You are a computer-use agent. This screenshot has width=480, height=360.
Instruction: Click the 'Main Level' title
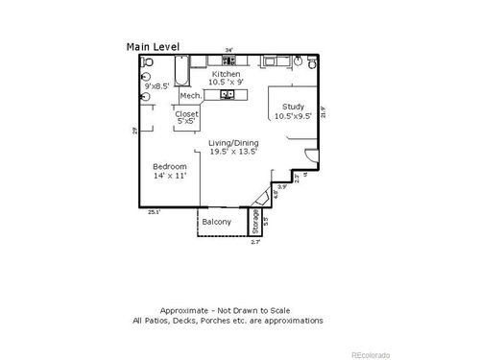tap(153, 45)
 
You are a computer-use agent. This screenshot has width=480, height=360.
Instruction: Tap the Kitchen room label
tap(226, 73)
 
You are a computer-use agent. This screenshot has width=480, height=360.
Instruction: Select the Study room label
tap(293, 107)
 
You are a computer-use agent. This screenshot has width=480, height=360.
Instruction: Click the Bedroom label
tap(170, 166)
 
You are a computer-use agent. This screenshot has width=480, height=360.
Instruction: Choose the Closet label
tap(186, 114)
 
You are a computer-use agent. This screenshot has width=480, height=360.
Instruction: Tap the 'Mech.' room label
tap(190, 96)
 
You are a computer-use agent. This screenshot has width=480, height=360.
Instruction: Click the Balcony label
tap(217, 222)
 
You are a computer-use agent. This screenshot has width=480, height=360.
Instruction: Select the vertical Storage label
tap(255, 222)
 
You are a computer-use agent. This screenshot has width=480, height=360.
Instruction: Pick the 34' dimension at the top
tap(228, 50)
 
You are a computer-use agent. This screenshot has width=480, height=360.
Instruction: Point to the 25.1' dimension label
tap(153, 212)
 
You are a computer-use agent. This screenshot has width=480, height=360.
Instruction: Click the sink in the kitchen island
tap(228, 95)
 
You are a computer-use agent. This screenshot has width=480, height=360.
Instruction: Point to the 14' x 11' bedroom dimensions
tap(170, 176)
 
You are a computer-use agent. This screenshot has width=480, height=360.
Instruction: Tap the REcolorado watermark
tap(370, 353)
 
